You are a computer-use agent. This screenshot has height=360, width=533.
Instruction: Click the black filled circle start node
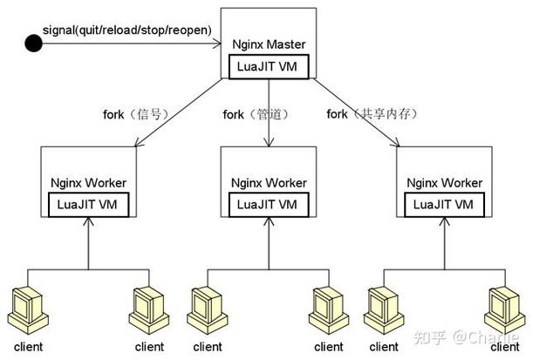tap(33, 44)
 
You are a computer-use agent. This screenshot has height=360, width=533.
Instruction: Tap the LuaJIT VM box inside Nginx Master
tap(268, 65)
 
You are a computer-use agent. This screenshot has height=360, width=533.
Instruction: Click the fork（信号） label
tap(131, 113)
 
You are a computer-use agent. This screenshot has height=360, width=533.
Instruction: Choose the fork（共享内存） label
tap(366, 113)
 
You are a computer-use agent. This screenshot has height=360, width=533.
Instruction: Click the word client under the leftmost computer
tap(26, 346)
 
